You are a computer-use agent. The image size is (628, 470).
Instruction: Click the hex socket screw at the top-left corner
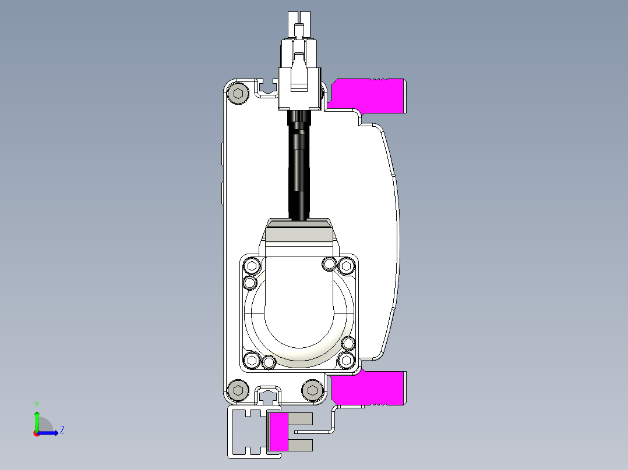pyautogui.click(x=238, y=93)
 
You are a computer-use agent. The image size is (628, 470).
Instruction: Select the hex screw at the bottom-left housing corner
pyautogui.click(x=238, y=390)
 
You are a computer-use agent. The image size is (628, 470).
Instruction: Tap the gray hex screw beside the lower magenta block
pyautogui.click(x=313, y=390)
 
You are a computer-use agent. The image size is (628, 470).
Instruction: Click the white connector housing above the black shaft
pyautogui.click(x=300, y=81)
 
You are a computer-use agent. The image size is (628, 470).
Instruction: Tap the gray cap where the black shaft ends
pyautogui.click(x=299, y=231)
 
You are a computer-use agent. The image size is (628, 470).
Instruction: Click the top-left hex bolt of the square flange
pyautogui.click(x=252, y=266)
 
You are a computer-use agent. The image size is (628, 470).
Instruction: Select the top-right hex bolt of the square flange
pyautogui.click(x=346, y=266)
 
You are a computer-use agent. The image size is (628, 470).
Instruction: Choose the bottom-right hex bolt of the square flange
pyautogui.click(x=346, y=361)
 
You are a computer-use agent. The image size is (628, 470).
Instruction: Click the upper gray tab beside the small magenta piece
pyautogui.click(x=301, y=419)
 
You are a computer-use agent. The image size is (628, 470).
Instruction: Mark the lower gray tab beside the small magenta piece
pyautogui.click(x=301, y=445)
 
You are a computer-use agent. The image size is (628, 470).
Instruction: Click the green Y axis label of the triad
pyautogui.click(x=36, y=404)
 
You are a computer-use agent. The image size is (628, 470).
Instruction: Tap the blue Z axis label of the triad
pyautogui.click(x=62, y=430)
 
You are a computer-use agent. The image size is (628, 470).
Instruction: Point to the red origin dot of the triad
pyautogui.click(x=36, y=433)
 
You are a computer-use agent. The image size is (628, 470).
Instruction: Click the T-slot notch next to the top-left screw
pyautogui.click(x=267, y=88)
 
